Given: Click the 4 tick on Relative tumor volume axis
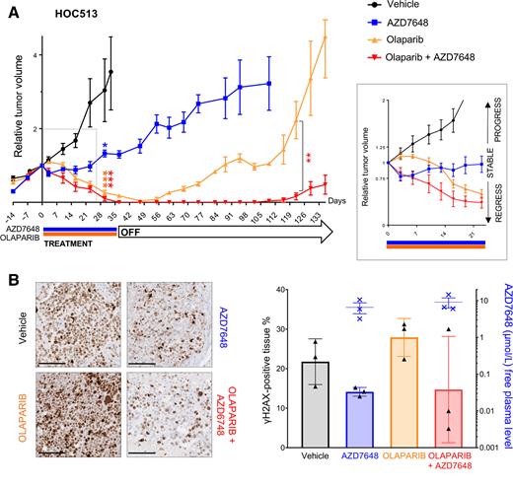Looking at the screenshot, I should click(34, 55).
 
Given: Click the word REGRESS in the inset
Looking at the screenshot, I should click(496, 208).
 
